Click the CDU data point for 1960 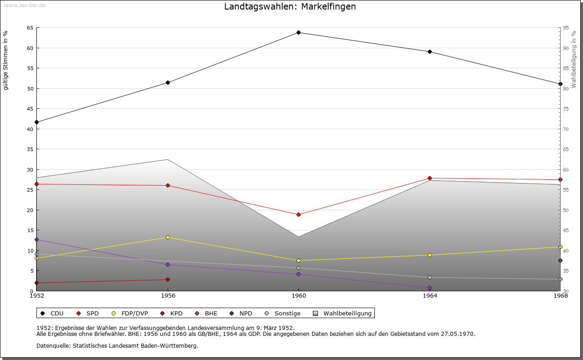(x=298, y=32)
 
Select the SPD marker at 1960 (x=298, y=214)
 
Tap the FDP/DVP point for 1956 (x=168, y=237)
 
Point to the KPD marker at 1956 (x=168, y=279)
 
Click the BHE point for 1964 (x=430, y=288)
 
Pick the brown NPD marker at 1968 (x=560, y=260)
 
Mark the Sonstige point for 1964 (x=430, y=277)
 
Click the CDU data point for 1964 (x=430, y=51)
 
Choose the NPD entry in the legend (x=245, y=313)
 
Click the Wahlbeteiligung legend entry (x=347, y=313)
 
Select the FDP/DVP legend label (x=134, y=313)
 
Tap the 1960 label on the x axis (x=298, y=296)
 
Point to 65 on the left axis (x=30, y=28)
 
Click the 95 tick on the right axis (x=566, y=28)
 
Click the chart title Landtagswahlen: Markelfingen (x=290, y=7)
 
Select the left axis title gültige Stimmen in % (x=6, y=60)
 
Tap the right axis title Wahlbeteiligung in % (x=574, y=59)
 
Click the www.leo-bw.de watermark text (x=25, y=5)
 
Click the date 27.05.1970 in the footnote (x=457, y=334)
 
